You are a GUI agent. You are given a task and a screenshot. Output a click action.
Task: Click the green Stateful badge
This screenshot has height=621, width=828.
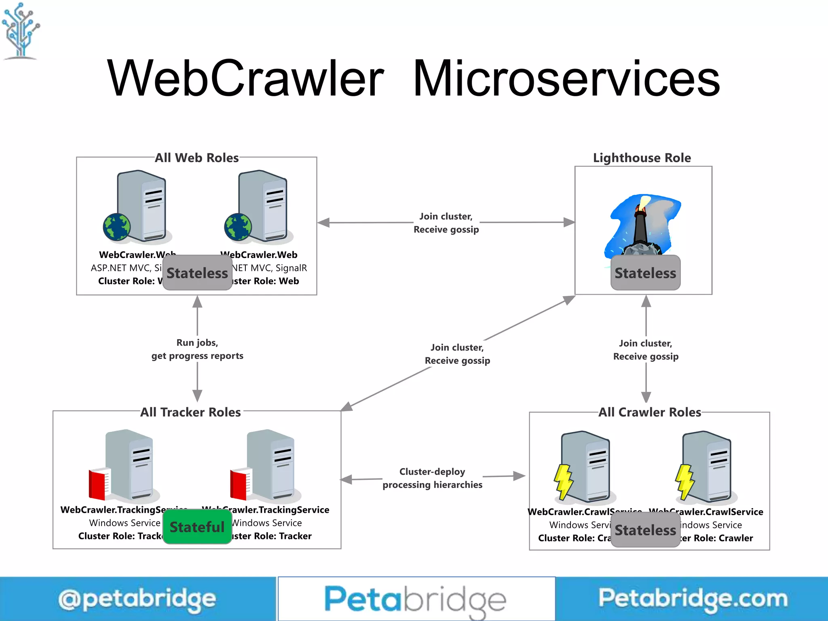(197, 527)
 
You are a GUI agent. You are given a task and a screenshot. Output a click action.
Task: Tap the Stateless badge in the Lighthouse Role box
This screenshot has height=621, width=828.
(645, 273)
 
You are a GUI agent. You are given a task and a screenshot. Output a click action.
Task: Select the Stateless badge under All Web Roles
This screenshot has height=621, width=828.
(197, 273)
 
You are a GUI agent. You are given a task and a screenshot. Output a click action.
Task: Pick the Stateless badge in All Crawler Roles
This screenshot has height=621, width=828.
(645, 530)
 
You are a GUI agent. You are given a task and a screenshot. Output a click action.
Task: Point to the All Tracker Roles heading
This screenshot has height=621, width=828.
(190, 412)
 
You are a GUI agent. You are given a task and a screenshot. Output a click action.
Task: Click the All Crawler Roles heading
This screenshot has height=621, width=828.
(650, 412)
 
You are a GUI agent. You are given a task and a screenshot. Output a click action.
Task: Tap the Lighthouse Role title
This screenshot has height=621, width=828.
(642, 158)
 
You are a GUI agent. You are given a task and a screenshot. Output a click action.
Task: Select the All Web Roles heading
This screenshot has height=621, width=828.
(197, 158)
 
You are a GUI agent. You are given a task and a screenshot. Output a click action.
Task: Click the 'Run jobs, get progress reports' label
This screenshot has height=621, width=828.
(197, 349)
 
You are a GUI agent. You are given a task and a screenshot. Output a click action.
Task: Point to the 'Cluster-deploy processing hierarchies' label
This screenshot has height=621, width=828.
(433, 478)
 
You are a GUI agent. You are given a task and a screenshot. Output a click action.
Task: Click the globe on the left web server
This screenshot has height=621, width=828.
(117, 227)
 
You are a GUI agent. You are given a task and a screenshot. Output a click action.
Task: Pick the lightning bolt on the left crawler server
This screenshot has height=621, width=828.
(563, 481)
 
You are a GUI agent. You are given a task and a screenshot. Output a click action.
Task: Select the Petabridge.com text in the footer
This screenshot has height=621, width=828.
(693, 598)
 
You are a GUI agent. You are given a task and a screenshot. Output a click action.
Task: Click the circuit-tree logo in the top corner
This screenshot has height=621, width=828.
(21, 30)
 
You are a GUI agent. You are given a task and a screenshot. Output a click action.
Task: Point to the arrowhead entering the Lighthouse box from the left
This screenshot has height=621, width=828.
(569, 222)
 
